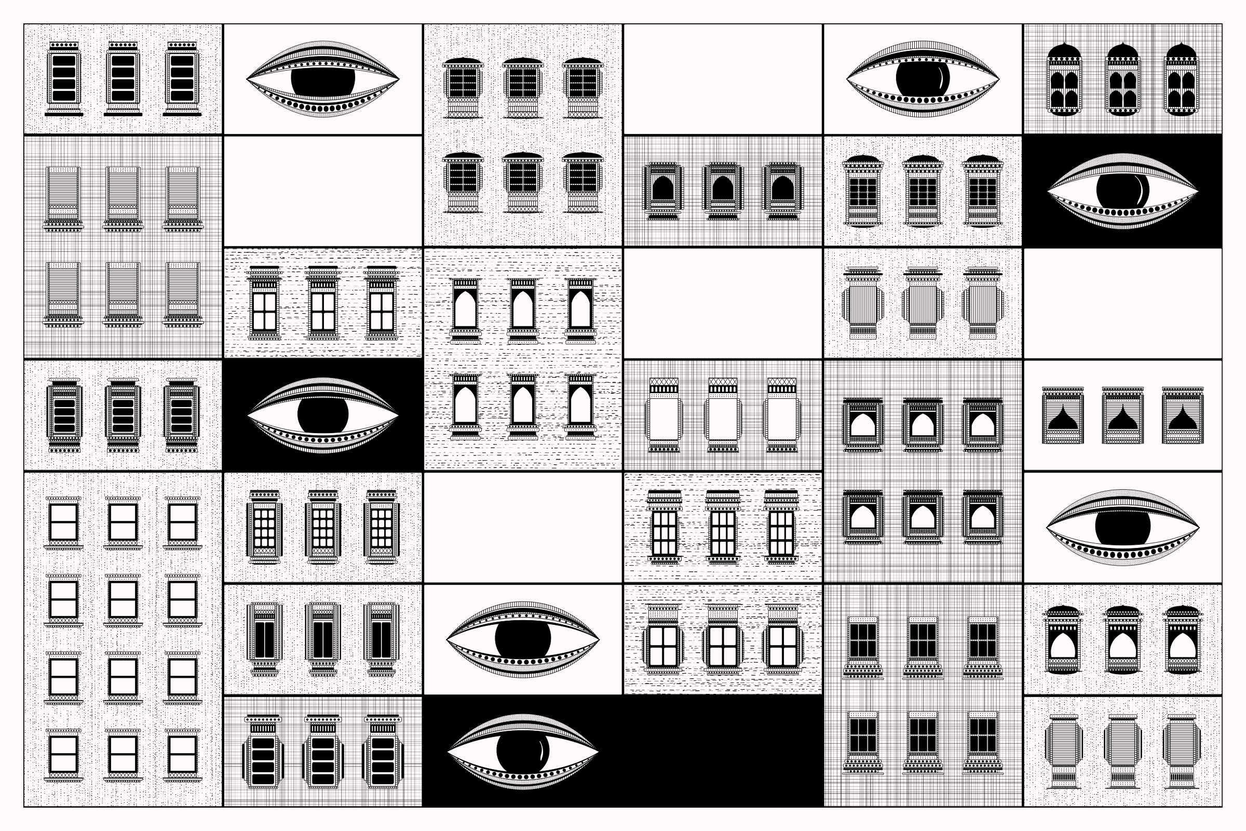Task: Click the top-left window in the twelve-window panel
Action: tap(63, 522)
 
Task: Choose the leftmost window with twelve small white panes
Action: tap(264, 528)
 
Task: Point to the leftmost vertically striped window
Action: tap(863, 304)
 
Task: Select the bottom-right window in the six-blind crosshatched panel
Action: tap(183, 292)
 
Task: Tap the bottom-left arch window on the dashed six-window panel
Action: tap(465, 407)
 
